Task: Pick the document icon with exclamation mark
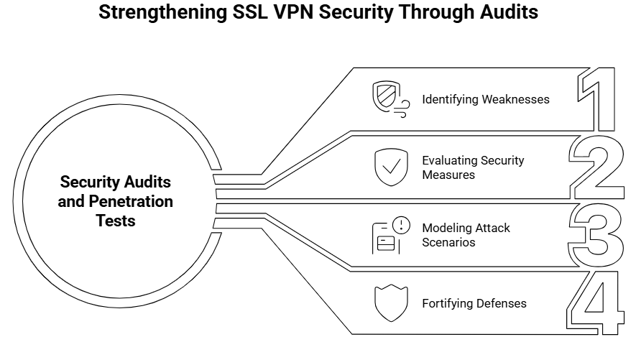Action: [x=390, y=235]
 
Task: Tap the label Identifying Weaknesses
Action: [x=485, y=99]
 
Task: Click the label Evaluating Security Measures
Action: [x=473, y=167]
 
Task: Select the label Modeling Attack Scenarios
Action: [x=466, y=235]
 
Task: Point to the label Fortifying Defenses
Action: [x=474, y=303]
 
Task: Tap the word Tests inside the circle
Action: [x=116, y=221]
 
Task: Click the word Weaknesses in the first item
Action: [x=514, y=99]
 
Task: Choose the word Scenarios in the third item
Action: [x=448, y=242]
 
